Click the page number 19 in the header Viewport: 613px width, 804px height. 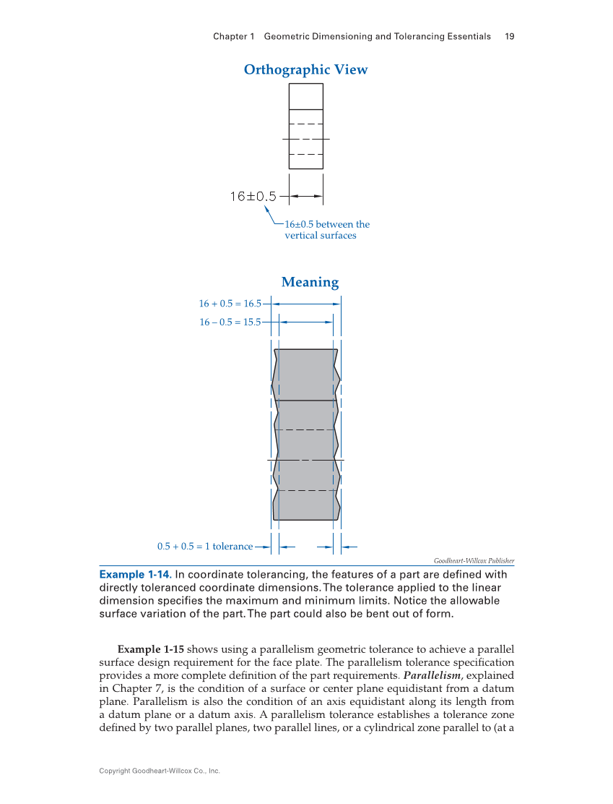pos(509,36)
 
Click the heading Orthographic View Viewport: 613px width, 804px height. pos(305,70)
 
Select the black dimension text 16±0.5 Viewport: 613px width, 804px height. pos(253,196)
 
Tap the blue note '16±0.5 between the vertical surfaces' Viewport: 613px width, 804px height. pos(326,230)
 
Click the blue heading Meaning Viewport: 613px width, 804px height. pos(310,282)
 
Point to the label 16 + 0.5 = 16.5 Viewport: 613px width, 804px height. pos(230,304)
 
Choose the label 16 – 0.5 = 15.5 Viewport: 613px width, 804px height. pos(230,322)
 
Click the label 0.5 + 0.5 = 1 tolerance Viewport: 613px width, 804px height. pos(204,547)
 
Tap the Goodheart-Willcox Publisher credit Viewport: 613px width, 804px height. pos(474,561)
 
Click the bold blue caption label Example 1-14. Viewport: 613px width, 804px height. pos(134,575)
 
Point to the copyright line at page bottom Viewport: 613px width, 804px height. pos(160,771)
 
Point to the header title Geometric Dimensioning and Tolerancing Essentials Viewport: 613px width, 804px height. pos(378,36)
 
